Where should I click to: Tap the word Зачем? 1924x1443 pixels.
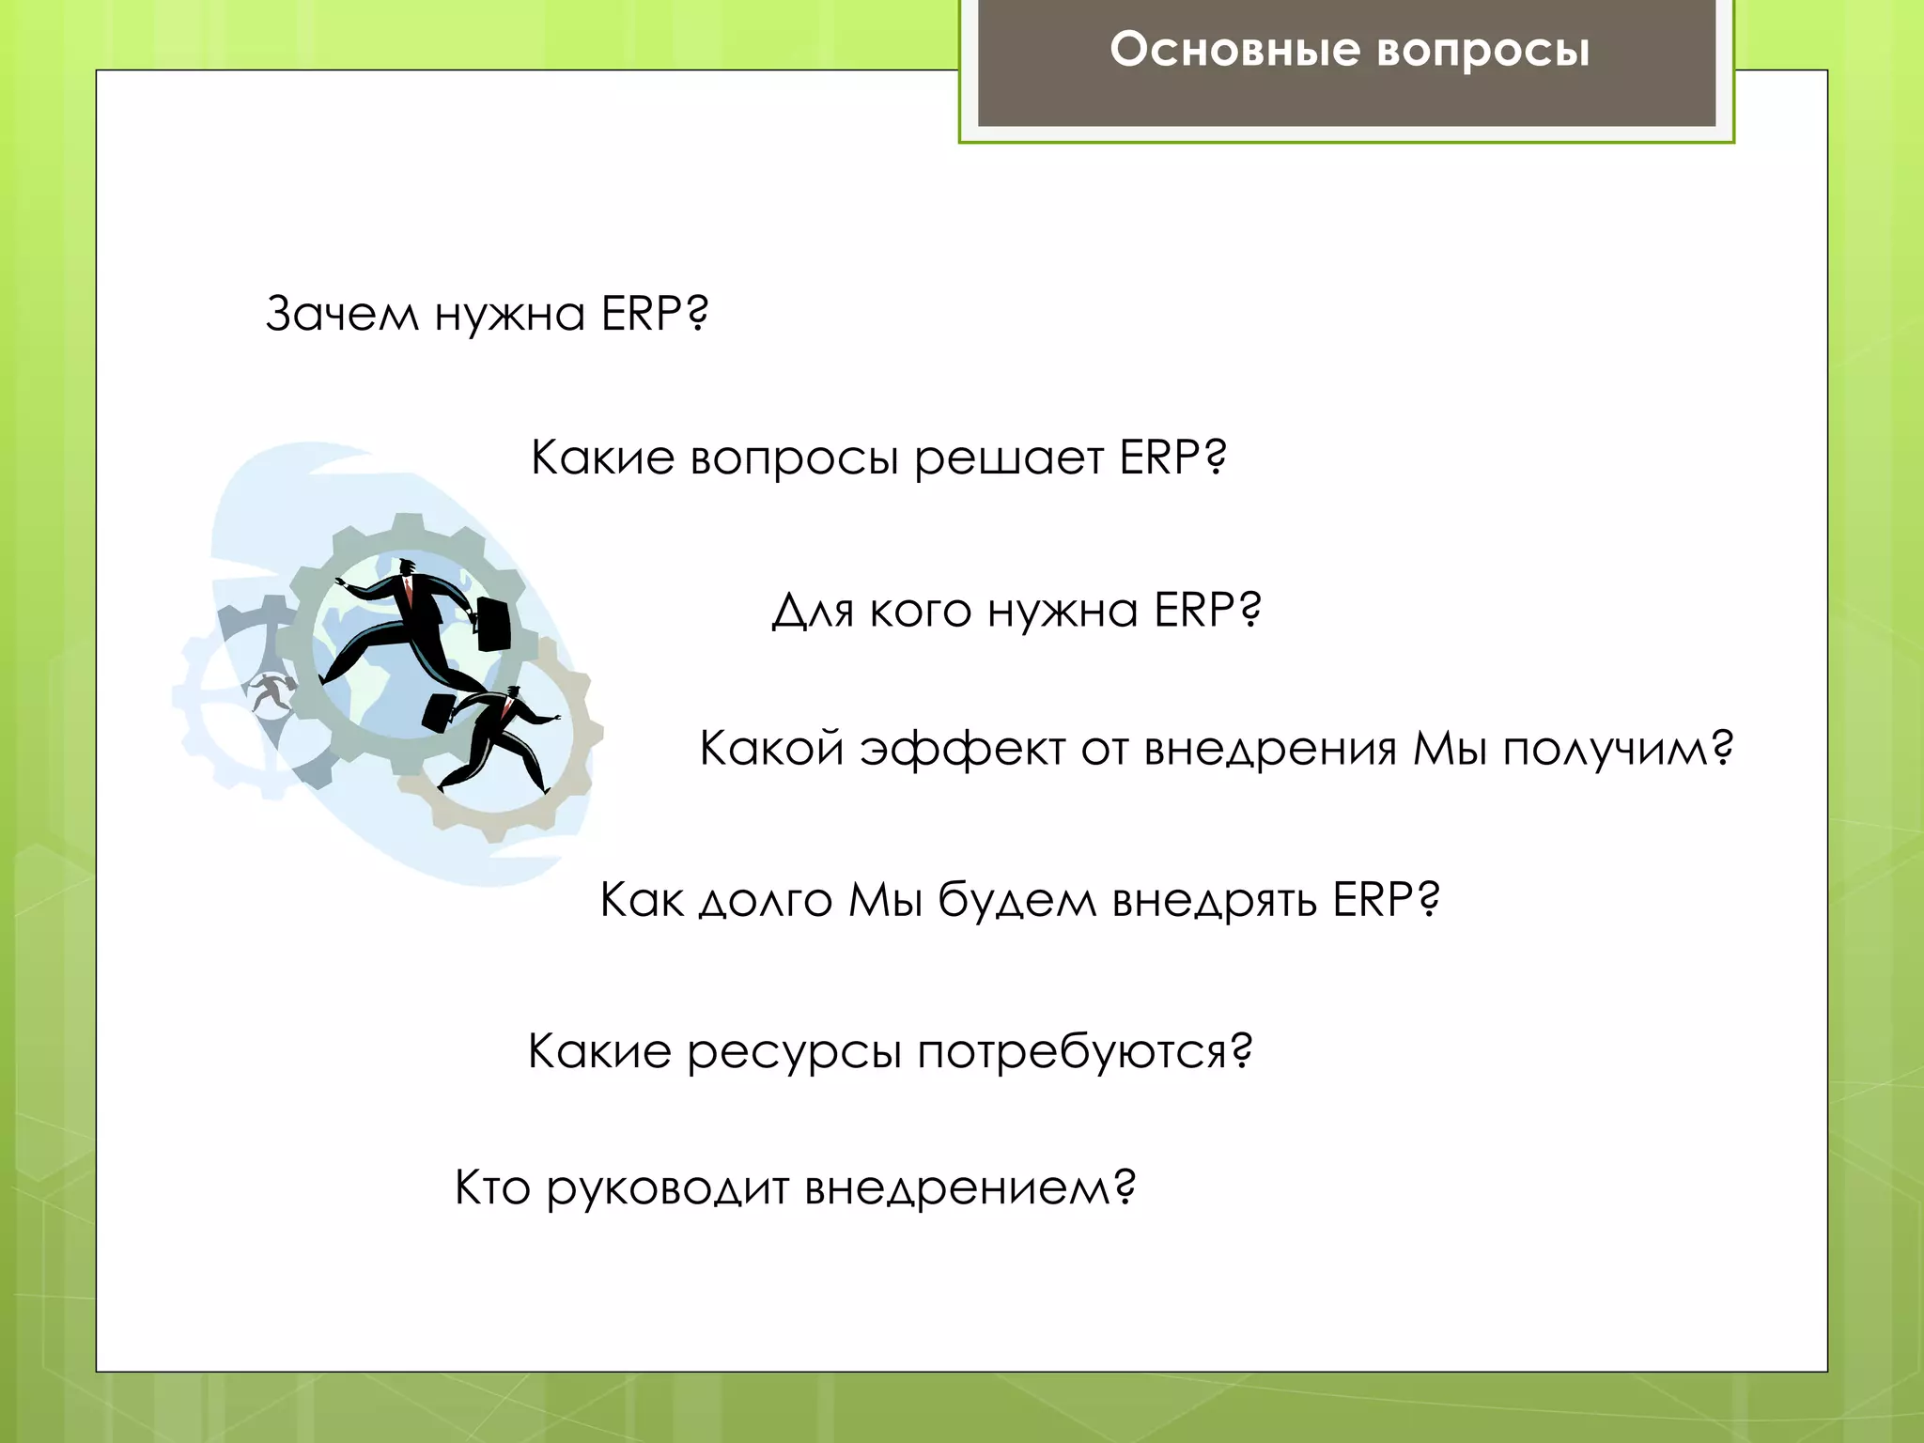[x=341, y=314]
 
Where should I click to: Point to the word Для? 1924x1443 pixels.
[x=813, y=612]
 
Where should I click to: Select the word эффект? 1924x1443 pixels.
[x=962, y=751]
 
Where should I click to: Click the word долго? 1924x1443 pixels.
[x=765, y=901]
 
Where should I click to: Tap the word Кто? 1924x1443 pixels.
[x=492, y=1187]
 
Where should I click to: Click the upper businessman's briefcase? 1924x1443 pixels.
[x=493, y=623]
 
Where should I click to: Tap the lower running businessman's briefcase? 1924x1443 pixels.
[x=439, y=713]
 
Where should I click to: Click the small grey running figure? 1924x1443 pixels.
[x=271, y=692]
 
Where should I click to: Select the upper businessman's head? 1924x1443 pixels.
[x=407, y=567]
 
